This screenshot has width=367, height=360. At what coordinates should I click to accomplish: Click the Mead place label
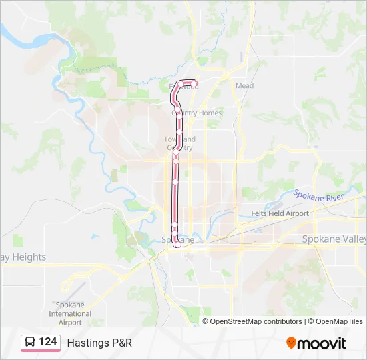[244, 86]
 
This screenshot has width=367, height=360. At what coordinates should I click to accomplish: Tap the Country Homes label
[197, 113]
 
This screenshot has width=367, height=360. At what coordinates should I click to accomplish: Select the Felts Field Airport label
[280, 213]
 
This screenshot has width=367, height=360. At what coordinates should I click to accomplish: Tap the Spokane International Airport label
[69, 314]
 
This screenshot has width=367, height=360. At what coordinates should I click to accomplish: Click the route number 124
[47, 342]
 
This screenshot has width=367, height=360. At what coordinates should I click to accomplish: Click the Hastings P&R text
[99, 343]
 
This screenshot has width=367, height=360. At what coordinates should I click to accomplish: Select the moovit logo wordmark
[322, 343]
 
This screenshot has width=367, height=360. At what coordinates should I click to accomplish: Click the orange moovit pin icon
[291, 343]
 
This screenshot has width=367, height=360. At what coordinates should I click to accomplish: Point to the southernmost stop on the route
[177, 245]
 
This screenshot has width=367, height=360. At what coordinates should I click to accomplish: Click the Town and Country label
[180, 143]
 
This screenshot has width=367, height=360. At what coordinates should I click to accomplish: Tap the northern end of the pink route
[195, 83]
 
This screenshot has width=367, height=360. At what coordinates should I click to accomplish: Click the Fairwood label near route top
[184, 86]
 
